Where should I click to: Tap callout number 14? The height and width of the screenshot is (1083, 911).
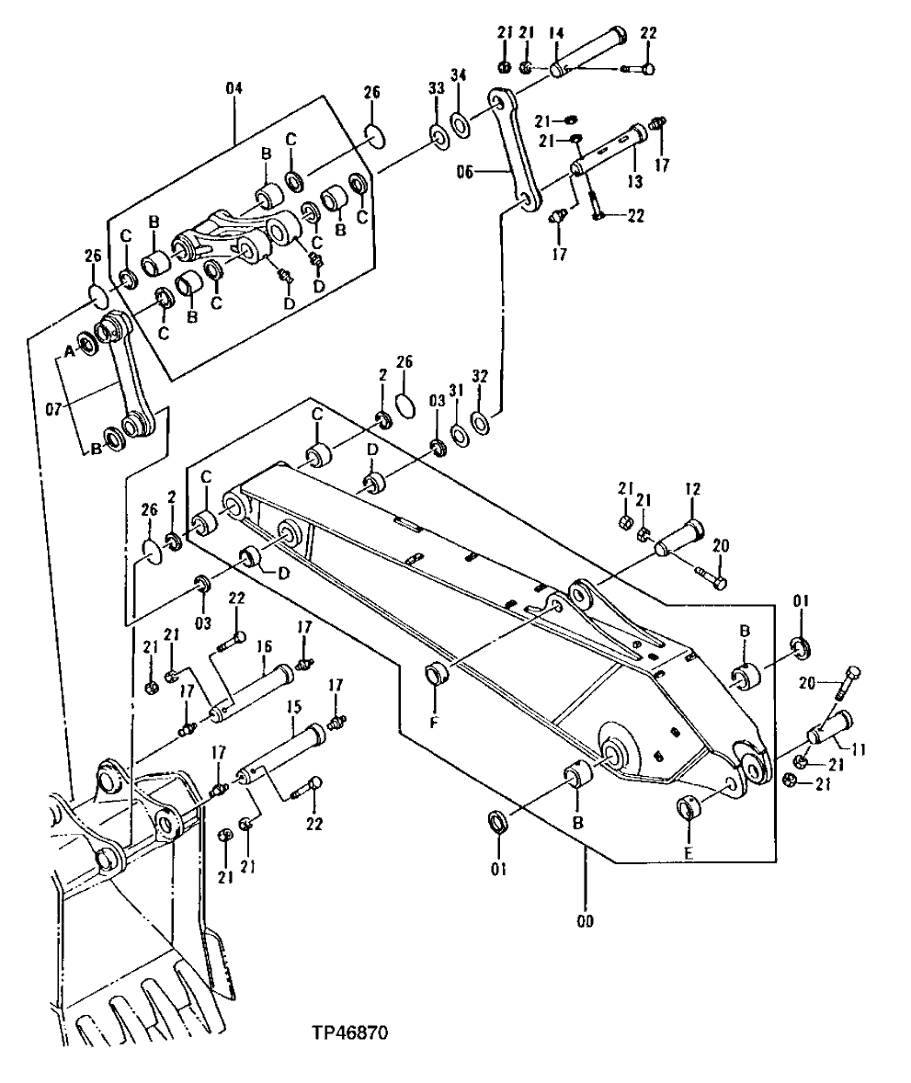(554, 34)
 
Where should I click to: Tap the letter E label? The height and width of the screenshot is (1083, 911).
(689, 853)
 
